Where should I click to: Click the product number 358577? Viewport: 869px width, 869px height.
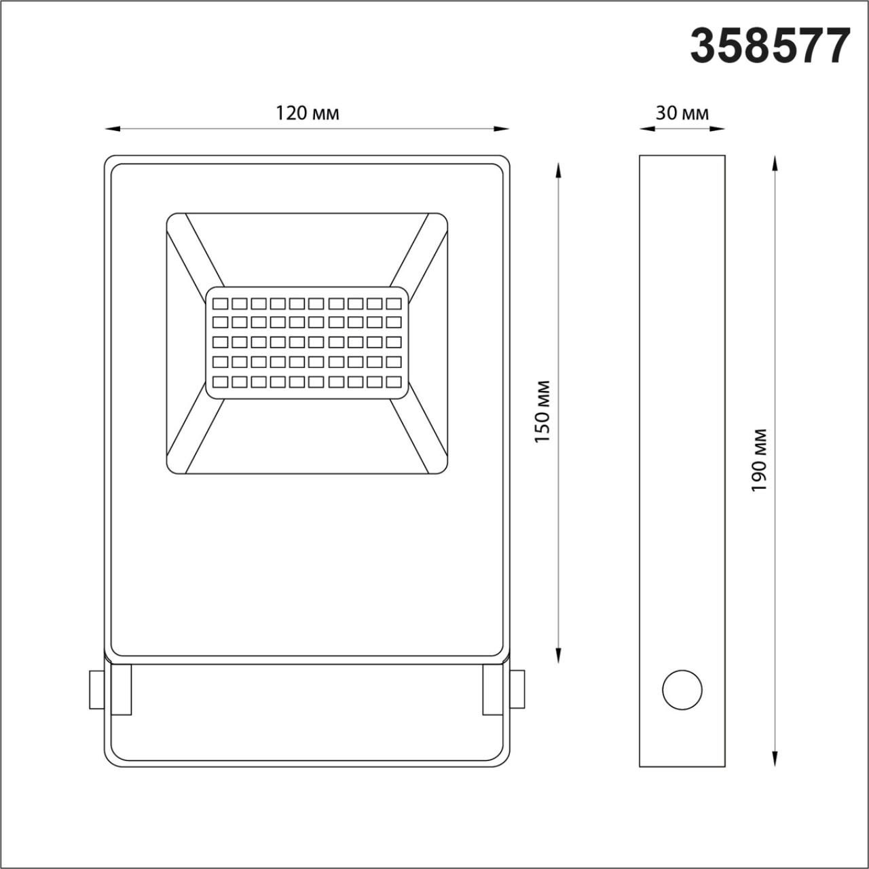(770, 46)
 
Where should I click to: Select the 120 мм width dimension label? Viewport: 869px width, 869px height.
(307, 113)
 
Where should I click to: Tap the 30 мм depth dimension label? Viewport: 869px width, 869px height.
(682, 113)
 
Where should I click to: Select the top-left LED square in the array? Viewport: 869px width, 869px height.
(220, 303)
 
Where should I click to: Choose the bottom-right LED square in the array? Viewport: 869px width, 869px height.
(393, 382)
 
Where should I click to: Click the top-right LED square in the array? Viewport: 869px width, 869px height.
(393, 303)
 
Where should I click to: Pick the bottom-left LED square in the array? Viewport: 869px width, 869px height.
(220, 382)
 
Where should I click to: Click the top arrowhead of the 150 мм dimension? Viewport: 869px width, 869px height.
(558, 168)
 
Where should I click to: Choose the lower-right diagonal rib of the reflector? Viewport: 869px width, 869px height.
(418, 434)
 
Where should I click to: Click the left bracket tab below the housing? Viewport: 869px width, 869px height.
(122, 689)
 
